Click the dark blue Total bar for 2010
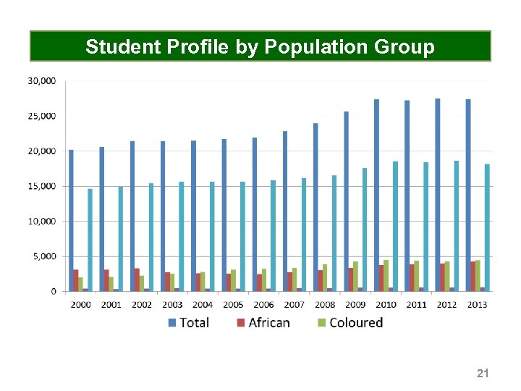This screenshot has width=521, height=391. click(x=376, y=195)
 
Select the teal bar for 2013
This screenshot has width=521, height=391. click(x=487, y=227)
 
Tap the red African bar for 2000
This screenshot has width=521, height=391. click(x=75, y=280)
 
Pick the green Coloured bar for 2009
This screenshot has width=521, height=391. click(x=355, y=276)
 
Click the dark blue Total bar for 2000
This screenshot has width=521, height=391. click(x=71, y=220)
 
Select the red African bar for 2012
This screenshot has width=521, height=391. click(x=442, y=277)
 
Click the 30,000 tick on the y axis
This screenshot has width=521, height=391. click(x=41, y=81)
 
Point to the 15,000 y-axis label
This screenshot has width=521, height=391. click(x=41, y=186)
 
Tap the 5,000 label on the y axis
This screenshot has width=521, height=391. click(x=43, y=256)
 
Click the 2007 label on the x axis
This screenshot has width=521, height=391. click(x=294, y=304)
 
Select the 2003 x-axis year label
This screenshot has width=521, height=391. click(x=172, y=304)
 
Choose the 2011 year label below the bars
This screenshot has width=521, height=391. click(x=416, y=304)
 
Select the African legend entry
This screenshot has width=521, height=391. click(x=263, y=323)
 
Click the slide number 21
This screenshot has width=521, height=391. click(x=483, y=374)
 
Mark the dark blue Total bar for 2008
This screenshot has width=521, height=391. click(x=315, y=207)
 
